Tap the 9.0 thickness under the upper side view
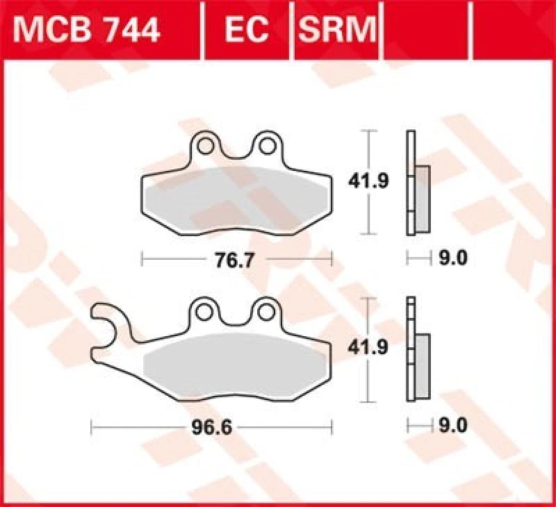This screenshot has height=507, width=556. (453, 259)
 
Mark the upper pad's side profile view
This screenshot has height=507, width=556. (416, 184)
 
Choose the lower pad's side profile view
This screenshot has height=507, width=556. (416, 351)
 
